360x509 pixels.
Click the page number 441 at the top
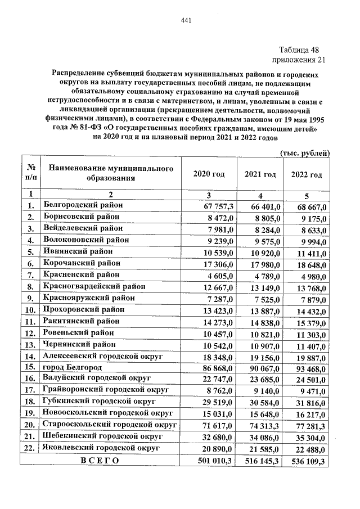[x=187, y=21]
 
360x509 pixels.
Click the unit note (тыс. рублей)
[x=304, y=153]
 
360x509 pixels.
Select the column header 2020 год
[x=209, y=174]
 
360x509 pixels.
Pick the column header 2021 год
[x=260, y=174]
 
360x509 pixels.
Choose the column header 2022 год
[x=307, y=174]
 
